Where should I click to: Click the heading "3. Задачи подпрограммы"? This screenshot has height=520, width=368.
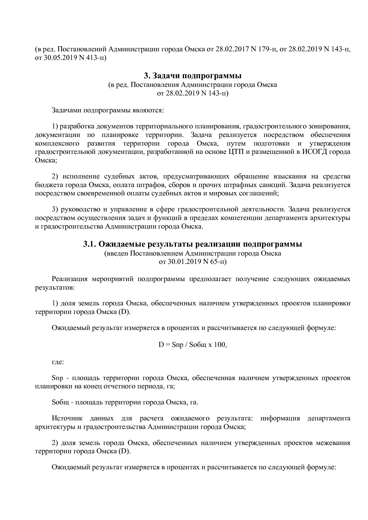pos(193,76)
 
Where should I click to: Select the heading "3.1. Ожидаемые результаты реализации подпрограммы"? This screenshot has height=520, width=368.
pos(193,244)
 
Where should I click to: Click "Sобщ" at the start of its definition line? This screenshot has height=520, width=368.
pos(60,402)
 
